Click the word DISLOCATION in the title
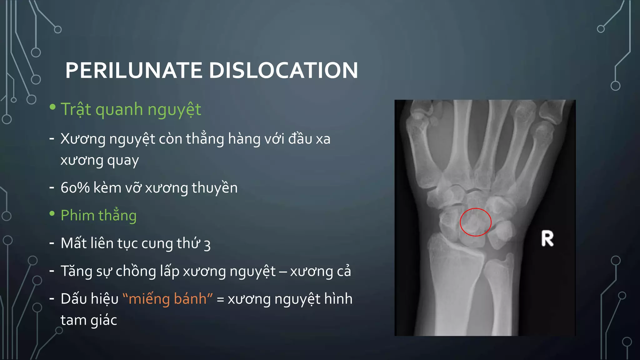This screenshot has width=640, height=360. click(x=283, y=70)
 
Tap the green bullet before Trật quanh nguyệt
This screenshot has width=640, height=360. click(x=52, y=107)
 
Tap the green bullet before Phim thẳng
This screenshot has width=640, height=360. click(x=52, y=214)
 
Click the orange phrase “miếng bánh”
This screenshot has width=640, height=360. click(x=167, y=299)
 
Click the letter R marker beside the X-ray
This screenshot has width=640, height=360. click(x=547, y=239)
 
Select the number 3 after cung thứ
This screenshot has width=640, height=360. click(x=207, y=245)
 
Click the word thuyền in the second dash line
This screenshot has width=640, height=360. click(x=214, y=188)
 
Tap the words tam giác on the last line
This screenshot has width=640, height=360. click(x=89, y=320)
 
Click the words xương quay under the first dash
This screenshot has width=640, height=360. click(x=99, y=160)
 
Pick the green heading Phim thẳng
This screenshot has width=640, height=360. click(x=98, y=215)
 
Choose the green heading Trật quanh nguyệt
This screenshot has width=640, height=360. click(x=131, y=109)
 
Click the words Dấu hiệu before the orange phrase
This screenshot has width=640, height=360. click(x=89, y=299)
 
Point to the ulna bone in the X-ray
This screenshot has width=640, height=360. click(x=500, y=300)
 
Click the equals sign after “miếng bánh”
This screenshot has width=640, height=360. click(x=220, y=299)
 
